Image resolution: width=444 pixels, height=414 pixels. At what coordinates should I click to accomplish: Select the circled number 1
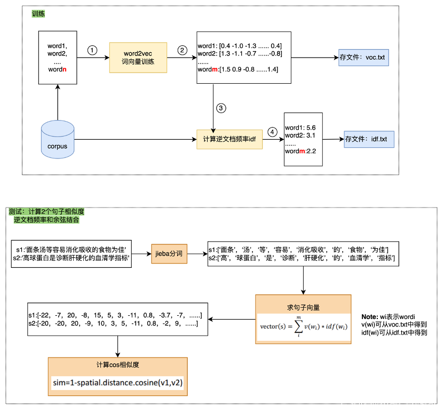tap(92, 50)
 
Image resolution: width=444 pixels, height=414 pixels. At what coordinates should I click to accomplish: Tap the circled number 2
tap(183, 50)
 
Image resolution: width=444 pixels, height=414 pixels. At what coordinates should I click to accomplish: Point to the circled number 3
tap(221, 108)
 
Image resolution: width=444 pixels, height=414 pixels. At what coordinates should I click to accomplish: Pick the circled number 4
tap(273, 131)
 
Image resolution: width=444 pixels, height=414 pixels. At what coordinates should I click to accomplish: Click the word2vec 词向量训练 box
tap(139, 58)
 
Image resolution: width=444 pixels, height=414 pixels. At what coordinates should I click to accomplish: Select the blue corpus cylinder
tap(58, 140)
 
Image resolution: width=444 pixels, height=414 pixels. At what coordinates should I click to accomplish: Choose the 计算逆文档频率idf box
tap(229, 139)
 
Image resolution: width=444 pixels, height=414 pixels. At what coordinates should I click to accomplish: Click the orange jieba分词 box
tap(169, 253)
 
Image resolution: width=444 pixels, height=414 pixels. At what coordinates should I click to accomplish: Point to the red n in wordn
tap(65, 69)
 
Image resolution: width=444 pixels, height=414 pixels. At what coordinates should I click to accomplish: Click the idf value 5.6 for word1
tap(311, 128)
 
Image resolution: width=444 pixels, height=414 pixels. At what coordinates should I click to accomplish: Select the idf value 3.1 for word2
tap(311, 136)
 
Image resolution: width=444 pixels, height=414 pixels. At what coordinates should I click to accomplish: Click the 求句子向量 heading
tap(303, 308)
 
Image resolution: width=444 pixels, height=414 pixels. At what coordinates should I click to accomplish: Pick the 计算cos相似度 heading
tap(117, 365)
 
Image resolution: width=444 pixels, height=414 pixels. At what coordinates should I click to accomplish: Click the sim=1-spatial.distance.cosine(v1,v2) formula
tap(117, 383)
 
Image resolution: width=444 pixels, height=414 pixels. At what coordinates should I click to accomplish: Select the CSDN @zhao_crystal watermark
tap(387, 403)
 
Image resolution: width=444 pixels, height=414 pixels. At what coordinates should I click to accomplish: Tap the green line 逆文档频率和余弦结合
tap(46, 220)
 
